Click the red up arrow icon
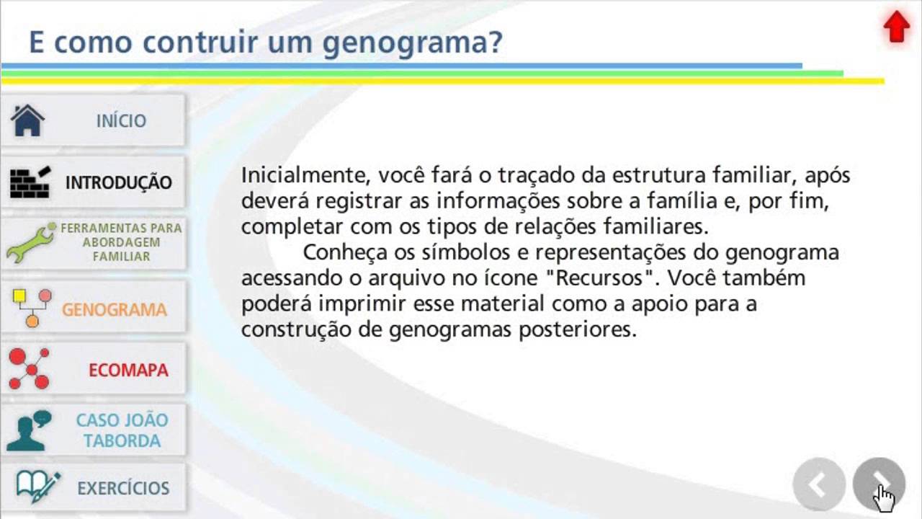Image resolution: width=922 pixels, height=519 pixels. pos(896,27)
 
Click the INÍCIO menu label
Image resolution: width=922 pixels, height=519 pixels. pos(121,121)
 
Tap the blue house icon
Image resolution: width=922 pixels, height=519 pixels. pos(28,120)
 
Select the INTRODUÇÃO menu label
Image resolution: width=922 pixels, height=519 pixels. pos(119,182)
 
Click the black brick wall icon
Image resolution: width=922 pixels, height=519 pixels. pos(30,182)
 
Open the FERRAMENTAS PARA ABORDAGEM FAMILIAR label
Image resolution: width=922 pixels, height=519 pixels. pos(121,242)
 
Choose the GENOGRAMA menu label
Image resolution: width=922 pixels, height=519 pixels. pos(115,310)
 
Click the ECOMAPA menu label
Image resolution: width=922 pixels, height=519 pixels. pos(128,371)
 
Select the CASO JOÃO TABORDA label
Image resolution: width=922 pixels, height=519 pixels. pos(122,430)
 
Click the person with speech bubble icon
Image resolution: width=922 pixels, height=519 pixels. pos(30,430)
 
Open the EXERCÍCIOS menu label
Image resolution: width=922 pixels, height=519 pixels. pos(123,488)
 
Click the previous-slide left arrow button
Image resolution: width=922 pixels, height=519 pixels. pos(818,485)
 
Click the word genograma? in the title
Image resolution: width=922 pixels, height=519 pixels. pos(412,43)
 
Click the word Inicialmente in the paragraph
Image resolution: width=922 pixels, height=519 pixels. pos(298,176)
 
